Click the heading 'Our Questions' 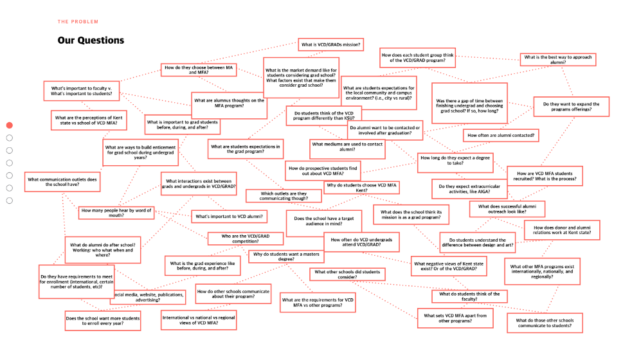click(x=91, y=40)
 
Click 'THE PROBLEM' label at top click(x=78, y=22)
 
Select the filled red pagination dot click(x=10, y=125)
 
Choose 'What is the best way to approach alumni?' click(x=558, y=59)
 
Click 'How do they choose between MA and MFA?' click(x=198, y=70)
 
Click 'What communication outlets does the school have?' click(x=63, y=182)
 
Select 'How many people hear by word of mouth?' click(x=116, y=212)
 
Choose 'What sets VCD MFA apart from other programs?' click(x=455, y=318)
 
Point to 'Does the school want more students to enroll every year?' click(x=103, y=321)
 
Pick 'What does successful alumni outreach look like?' click(x=507, y=209)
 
